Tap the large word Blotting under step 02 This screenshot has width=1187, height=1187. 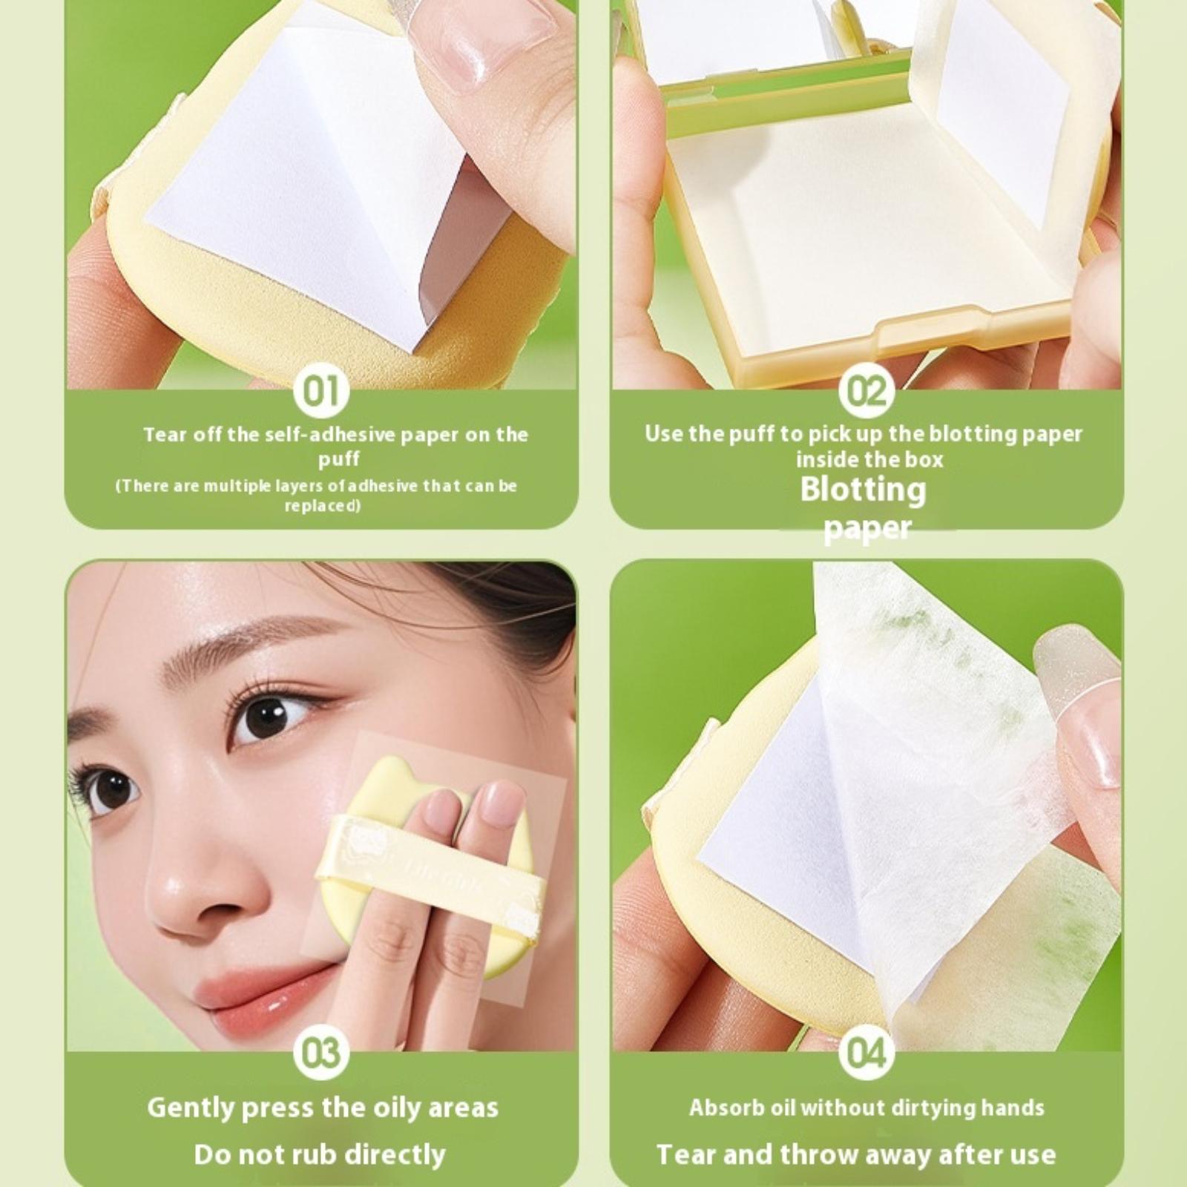[x=864, y=490]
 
